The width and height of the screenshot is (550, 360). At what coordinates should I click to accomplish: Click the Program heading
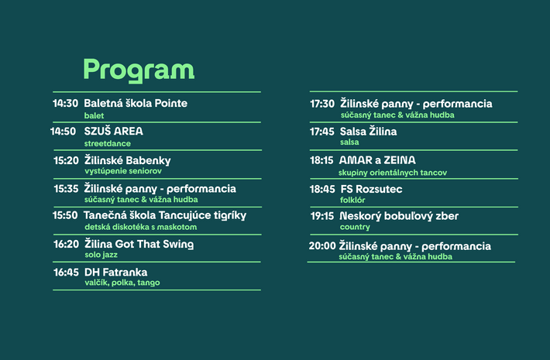tap(139, 70)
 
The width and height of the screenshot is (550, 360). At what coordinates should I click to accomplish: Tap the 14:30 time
tap(65, 103)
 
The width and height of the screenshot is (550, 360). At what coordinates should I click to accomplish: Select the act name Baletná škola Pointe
tap(136, 103)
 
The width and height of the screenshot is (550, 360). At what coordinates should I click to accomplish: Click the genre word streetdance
tap(108, 143)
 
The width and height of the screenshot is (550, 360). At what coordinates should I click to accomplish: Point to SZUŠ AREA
tap(113, 131)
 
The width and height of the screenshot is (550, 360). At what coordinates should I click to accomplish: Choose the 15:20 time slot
tap(66, 160)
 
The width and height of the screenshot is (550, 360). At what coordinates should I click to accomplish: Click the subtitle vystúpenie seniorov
tap(123, 171)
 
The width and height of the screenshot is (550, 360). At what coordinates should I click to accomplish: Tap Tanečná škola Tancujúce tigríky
tap(165, 215)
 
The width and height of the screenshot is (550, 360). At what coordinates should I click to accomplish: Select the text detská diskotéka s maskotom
tap(141, 227)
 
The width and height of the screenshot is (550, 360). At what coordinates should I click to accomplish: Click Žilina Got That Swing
tap(139, 244)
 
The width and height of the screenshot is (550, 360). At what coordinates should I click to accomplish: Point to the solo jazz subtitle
tap(101, 255)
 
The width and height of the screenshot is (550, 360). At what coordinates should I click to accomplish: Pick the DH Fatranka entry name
tap(115, 273)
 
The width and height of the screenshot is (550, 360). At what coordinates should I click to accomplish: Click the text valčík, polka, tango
tap(122, 283)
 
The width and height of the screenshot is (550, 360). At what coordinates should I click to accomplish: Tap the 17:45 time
tap(322, 132)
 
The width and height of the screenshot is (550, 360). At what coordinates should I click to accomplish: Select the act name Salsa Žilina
tap(368, 132)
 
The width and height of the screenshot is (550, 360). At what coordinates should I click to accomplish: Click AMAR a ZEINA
tap(377, 160)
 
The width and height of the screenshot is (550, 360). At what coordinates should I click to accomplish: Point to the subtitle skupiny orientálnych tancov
tap(393, 173)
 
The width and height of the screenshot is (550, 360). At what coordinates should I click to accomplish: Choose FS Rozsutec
tap(371, 189)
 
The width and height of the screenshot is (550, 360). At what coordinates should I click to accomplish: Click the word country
tap(355, 227)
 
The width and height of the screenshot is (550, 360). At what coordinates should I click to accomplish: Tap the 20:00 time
tap(322, 245)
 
